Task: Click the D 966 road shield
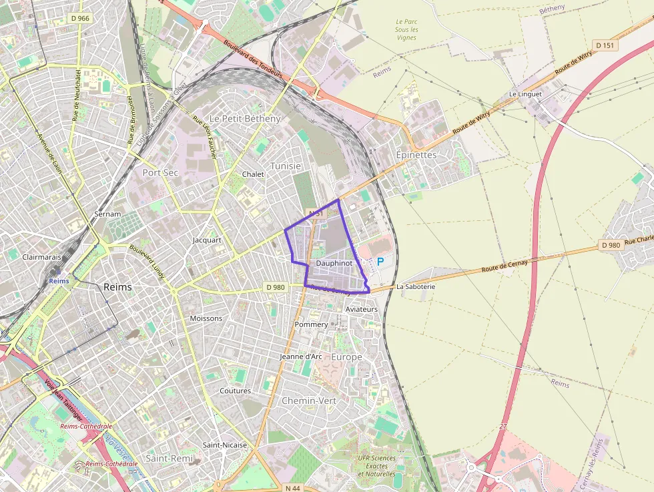click(79, 18)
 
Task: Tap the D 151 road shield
click(606, 45)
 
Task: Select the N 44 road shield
click(292, 488)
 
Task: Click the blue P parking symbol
click(380, 262)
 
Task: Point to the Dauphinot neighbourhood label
click(334, 264)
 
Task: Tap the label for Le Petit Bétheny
click(246, 118)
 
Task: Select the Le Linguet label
click(525, 94)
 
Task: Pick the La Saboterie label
click(415, 286)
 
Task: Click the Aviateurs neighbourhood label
click(362, 310)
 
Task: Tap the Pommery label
click(311, 324)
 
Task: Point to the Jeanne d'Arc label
click(301, 356)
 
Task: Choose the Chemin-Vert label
click(309, 401)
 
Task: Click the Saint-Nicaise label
click(225, 445)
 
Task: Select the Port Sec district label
click(161, 172)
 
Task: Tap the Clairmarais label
click(41, 256)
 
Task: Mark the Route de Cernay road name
click(505, 265)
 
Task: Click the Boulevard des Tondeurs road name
click(254, 58)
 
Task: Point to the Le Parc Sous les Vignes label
click(406, 29)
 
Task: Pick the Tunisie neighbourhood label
click(286, 166)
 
